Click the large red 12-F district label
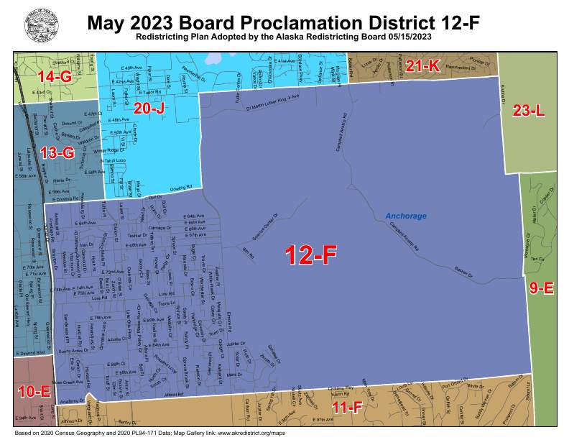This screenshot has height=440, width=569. (310, 255)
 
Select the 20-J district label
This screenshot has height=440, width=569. (150, 108)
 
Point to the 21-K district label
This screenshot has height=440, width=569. (422, 65)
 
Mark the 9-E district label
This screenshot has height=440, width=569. (541, 288)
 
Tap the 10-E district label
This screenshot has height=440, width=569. (33, 391)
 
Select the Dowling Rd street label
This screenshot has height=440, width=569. (181, 188)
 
